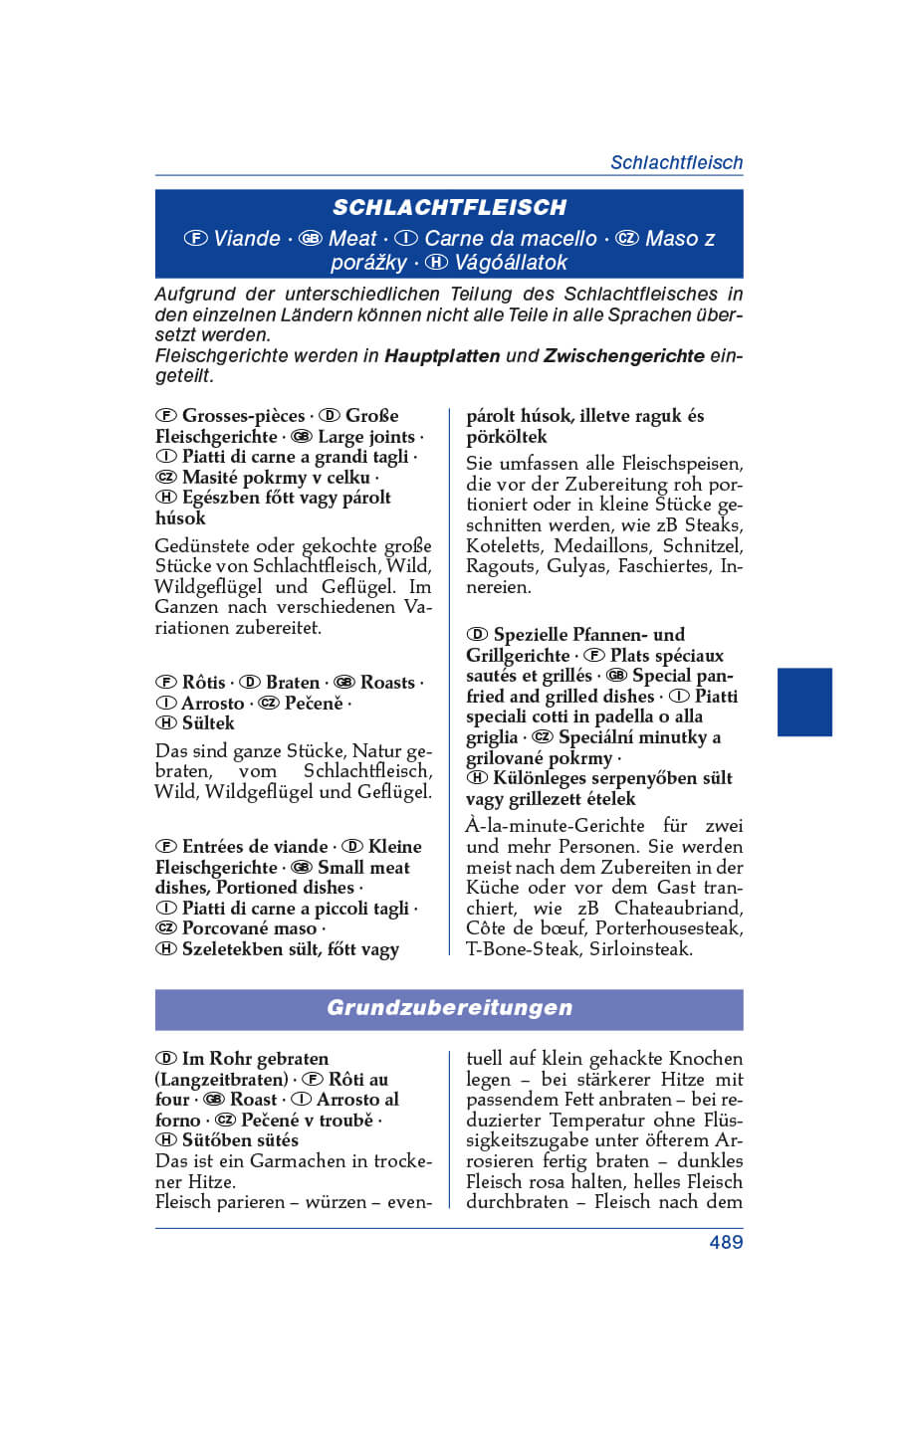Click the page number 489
(x=726, y=1242)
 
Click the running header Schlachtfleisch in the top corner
(x=676, y=162)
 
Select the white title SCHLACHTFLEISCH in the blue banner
(x=449, y=207)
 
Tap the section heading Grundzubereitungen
(x=449, y=1007)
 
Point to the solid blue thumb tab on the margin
(x=803, y=702)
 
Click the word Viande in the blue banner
(x=247, y=239)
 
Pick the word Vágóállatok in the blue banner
(x=511, y=263)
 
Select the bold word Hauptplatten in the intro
(x=441, y=355)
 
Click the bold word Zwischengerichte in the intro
(x=623, y=355)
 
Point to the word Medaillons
(x=601, y=545)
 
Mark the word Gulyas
(x=576, y=566)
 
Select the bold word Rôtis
(x=204, y=683)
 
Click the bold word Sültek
(x=208, y=723)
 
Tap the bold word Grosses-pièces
(x=243, y=416)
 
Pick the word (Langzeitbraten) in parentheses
(x=221, y=1080)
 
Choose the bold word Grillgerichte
(x=518, y=656)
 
